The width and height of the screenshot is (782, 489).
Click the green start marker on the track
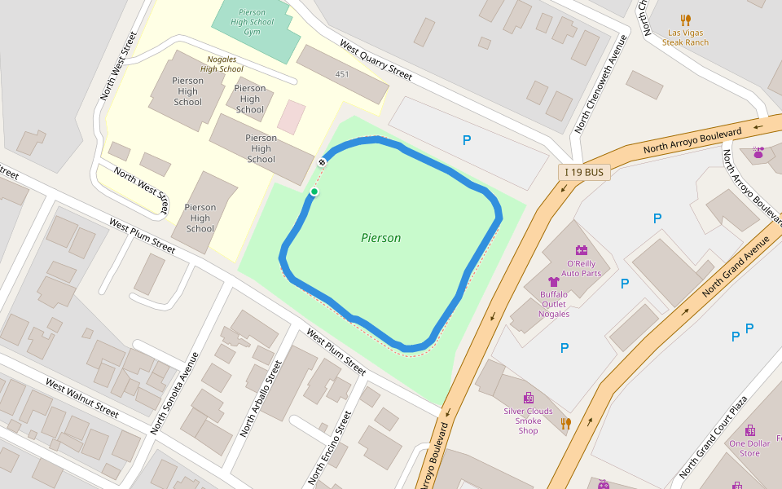314,192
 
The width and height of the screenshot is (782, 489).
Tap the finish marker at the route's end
322,162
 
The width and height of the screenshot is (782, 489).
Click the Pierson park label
380,238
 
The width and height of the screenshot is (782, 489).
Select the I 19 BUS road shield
584,172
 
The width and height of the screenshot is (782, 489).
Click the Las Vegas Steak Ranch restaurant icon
685,20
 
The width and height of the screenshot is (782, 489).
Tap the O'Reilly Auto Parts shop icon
582,250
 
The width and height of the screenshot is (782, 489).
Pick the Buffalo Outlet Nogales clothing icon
554,282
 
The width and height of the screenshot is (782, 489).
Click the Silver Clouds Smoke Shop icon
529,398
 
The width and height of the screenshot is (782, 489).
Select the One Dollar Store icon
749,430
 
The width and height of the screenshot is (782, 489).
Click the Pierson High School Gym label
253,22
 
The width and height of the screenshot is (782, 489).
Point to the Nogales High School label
225,64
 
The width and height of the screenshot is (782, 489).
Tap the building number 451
342,74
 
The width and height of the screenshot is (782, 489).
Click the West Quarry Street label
376,60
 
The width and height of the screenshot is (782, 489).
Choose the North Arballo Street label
261,399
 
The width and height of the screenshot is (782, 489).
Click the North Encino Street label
330,447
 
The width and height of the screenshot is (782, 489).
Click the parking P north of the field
467,141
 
